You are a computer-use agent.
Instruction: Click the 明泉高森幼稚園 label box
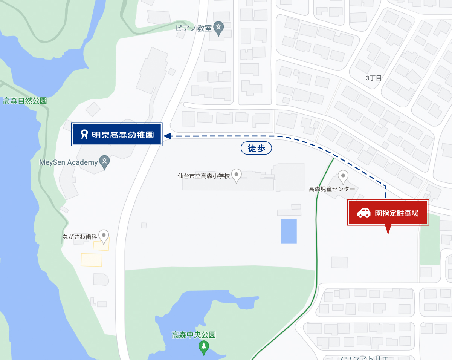(117, 134)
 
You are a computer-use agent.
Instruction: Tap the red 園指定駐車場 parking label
(388, 213)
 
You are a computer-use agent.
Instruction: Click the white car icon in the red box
(364, 213)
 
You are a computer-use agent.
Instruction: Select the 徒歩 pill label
(256, 149)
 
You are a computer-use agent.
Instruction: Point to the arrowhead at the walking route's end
(167, 136)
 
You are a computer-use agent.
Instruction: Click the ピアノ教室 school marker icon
(218, 28)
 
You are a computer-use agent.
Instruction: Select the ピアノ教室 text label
(194, 28)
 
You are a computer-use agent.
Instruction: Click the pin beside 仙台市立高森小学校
(236, 175)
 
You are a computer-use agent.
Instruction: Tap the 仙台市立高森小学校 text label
(204, 176)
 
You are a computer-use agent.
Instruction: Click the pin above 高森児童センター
(343, 175)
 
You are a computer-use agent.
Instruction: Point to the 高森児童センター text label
(332, 189)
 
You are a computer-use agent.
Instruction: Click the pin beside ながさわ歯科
(104, 236)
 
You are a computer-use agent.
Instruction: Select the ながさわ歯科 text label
(80, 237)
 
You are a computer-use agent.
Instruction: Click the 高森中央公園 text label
(194, 335)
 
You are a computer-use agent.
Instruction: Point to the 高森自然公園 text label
(25, 101)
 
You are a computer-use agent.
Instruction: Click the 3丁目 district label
(374, 78)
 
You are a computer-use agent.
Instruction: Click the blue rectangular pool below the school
(289, 231)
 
